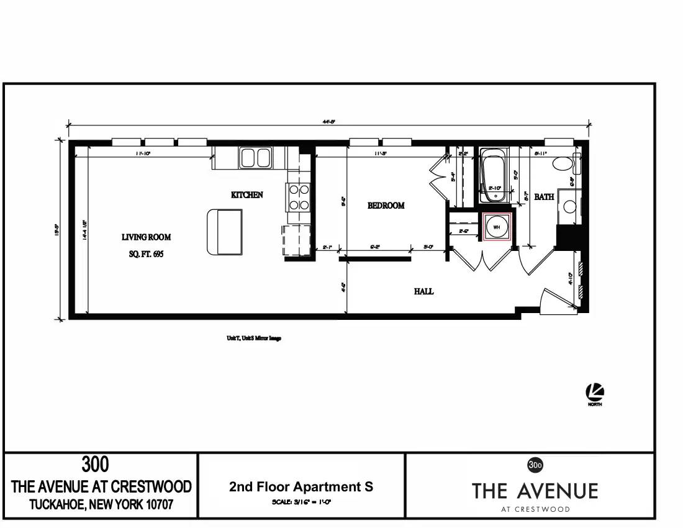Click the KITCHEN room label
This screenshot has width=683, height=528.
pyautogui.click(x=247, y=195)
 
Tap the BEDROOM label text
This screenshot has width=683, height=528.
pyautogui.click(x=386, y=206)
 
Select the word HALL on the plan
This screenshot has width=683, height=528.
pyautogui.click(x=423, y=291)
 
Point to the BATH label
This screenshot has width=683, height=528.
pyautogui.click(x=545, y=197)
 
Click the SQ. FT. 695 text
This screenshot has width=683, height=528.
pyautogui.click(x=147, y=254)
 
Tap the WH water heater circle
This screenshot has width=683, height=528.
pyautogui.click(x=497, y=227)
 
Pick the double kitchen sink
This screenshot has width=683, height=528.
pyautogui.click(x=256, y=158)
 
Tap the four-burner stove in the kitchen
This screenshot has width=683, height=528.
pyautogui.click(x=299, y=197)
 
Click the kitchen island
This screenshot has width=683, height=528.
pyautogui.click(x=224, y=232)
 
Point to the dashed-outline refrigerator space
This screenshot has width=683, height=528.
pyautogui.click(x=296, y=240)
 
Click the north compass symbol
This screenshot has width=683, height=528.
pyautogui.click(x=594, y=392)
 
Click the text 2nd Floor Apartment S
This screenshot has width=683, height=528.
pyautogui.click(x=301, y=486)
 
